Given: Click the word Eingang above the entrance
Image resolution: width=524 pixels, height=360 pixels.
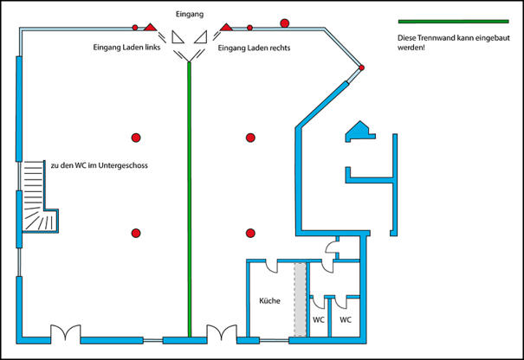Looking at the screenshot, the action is tap(190, 15).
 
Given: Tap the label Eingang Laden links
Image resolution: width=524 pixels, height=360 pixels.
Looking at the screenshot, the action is tap(126, 48).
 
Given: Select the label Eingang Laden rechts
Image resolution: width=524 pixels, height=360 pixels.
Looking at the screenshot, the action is tap(254, 48).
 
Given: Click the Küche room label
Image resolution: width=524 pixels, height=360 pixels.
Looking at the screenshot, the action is tap(269, 301).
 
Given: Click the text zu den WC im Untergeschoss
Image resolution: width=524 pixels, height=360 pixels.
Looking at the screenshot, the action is tap(100, 165).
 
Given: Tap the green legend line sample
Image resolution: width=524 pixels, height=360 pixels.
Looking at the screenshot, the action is tap(454, 22).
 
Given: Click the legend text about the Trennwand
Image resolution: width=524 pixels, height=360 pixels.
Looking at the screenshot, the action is tap(454, 42).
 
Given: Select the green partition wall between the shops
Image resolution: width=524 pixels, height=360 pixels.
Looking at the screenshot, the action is tap(189, 199).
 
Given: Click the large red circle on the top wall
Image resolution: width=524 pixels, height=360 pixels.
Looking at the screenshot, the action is tap(284, 23).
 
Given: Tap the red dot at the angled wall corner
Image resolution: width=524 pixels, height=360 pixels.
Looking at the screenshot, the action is tap(361, 67).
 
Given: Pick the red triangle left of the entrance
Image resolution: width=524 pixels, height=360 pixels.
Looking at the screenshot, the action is tap(150, 27).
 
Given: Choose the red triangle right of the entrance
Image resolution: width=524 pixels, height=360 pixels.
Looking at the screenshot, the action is tap(226, 27).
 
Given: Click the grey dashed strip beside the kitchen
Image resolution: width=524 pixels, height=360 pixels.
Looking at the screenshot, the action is tap(300, 299).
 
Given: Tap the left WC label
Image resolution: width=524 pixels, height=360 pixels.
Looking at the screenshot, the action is tap(319, 320).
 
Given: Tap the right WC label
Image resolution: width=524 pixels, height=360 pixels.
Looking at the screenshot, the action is tap(346, 320).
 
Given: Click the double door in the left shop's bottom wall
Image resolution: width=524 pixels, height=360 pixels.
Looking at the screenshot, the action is tap(66, 333).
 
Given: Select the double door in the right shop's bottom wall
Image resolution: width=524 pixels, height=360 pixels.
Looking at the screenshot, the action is tap(222, 333).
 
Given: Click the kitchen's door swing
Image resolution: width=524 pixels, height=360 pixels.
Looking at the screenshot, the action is tap(272, 267).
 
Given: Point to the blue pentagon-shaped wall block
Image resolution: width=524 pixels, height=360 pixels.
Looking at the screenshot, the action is tap(359, 131).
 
